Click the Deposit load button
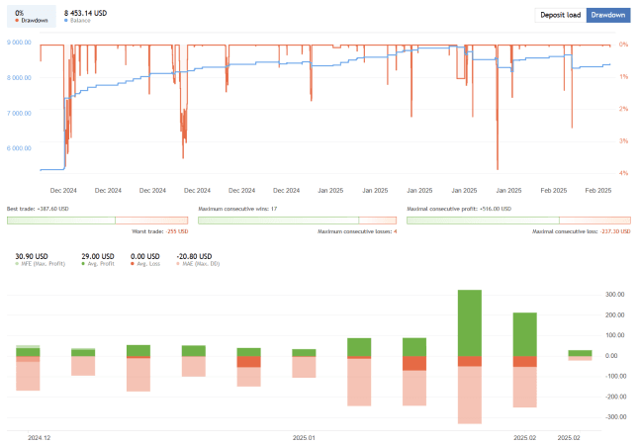tap(560, 16)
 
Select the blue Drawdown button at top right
tap(608, 16)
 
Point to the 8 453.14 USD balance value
tap(85, 13)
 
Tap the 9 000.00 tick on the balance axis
tap(20, 43)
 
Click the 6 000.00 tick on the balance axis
tap(20, 147)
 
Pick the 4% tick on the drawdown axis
tap(623, 173)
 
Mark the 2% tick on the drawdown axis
tap(623, 109)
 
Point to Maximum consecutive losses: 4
tap(357, 231)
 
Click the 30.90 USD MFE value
tap(32, 255)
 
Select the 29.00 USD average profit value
tap(96, 255)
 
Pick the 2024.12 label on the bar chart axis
tap(40, 436)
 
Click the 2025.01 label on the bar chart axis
tap(304, 436)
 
